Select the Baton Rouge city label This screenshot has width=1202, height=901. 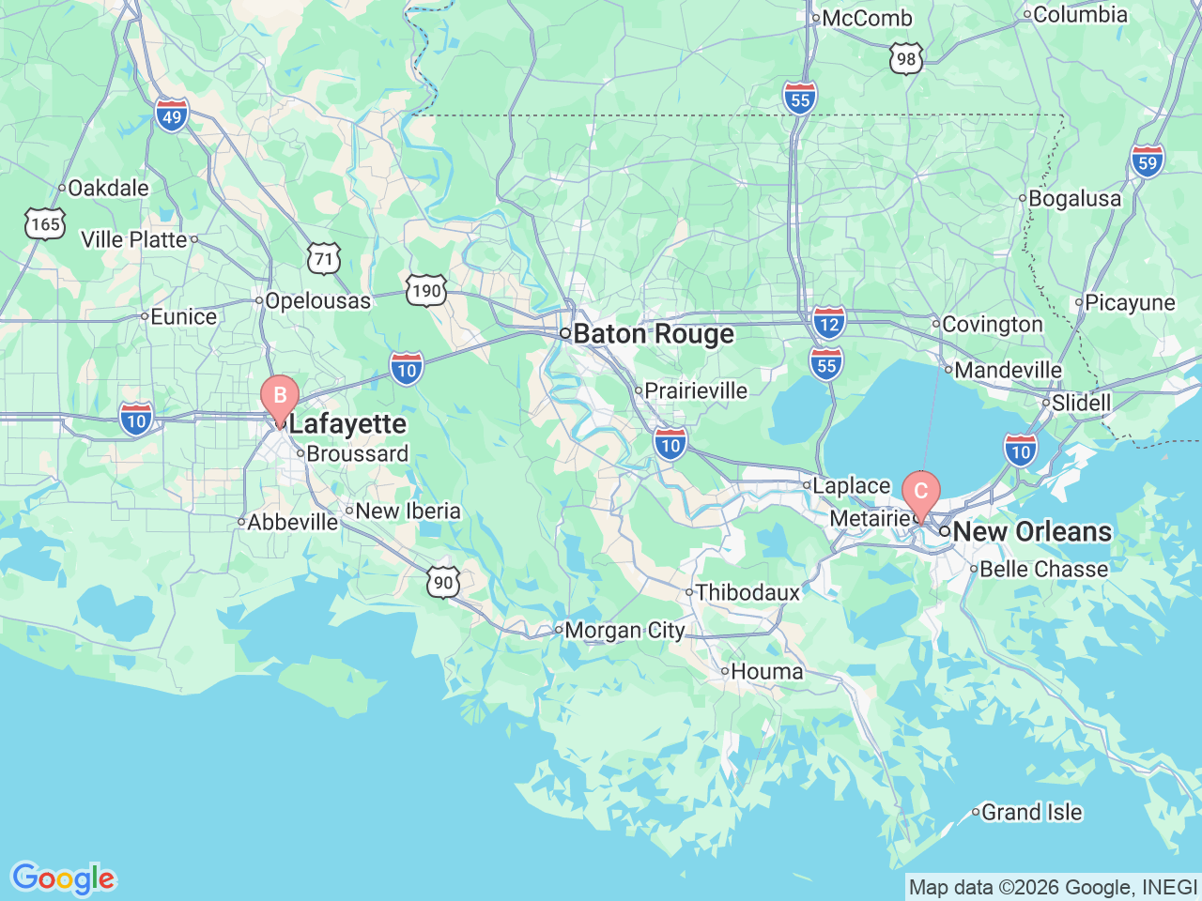653,334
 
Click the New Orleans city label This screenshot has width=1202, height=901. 1031,531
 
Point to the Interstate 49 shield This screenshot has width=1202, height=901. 172,116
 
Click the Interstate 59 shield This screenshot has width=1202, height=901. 1147,161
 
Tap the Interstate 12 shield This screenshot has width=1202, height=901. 828,324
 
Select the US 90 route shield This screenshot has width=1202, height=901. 443,582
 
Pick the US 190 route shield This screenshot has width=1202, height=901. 426,290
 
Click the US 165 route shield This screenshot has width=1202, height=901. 45,223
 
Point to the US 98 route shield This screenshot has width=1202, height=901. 905,59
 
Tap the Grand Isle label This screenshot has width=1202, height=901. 1031,812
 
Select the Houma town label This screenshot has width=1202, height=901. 766,671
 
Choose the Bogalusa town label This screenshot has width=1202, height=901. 1074,198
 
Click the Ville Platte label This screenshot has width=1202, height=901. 134,239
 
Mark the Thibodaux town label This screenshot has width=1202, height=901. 747,592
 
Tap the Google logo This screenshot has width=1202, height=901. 62,879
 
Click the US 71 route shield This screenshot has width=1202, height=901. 323,258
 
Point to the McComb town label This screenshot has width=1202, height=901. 866,18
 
